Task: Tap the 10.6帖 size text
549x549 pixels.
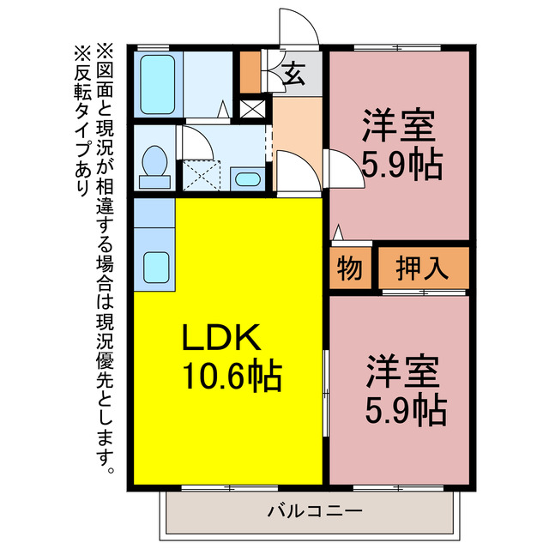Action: pyautogui.click(x=232, y=375)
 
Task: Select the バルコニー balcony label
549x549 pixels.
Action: pyautogui.click(x=314, y=512)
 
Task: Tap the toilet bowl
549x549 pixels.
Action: pyautogui.click(x=154, y=161)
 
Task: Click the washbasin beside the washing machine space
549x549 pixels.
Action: pyautogui.click(x=248, y=179)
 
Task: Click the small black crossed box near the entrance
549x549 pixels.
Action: pyautogui.click(x=253, y=110)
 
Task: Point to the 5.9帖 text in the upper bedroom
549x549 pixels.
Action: pyautogui.click(x=401, y=163)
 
